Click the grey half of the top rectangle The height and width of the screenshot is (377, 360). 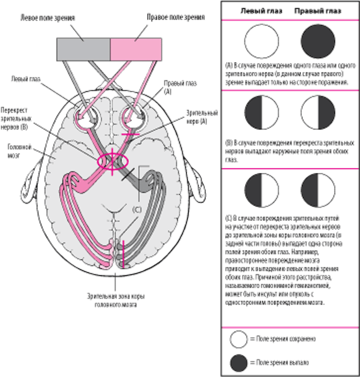pyautogui.click(x=84, y=49)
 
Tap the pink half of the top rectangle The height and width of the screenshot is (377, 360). pyautogui.click(x=136, y=49)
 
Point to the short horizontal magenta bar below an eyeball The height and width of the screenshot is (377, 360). pyautogui.click(x=131, y=135)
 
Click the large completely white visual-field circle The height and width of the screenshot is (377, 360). pyautogui.click(x=262, y=41)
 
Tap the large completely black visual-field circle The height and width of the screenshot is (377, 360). pyautogui.click(x=318, y=41)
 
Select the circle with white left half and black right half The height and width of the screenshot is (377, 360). pyautogui.click(x=318, y=113)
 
